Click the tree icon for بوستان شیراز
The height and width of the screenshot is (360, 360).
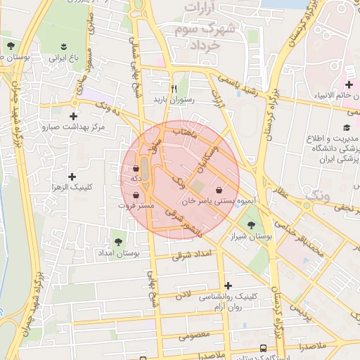tap(251, 224)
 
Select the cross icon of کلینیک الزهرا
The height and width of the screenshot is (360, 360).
tap(71, 176)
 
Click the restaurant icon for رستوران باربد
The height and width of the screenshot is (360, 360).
tap(163, 88)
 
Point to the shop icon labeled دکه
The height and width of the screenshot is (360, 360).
tap(135, 169)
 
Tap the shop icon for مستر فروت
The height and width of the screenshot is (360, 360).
tap(135, 195)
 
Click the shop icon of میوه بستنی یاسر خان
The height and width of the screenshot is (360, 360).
tap(219, 190)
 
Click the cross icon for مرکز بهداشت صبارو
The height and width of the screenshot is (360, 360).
tap(73, 116)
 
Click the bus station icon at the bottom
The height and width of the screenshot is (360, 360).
tap(263, 348)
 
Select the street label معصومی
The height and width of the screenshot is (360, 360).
tap(193, 335)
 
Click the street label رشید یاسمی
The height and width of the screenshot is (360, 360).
tap(240, 84)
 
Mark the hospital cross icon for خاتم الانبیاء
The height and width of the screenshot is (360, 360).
tap(349, 85)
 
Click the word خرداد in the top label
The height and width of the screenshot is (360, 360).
tap(205, 44)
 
